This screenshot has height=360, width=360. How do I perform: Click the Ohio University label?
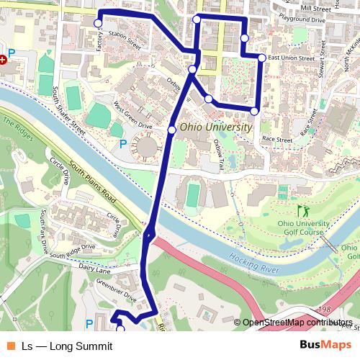coord(216,127)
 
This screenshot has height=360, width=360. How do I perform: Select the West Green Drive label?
coord(132,115)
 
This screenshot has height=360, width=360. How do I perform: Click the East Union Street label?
coord(290,58)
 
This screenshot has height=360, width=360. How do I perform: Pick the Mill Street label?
coord(316,8)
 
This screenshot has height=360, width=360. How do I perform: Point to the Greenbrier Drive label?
coord(120,290)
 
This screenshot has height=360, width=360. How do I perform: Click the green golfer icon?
coord(302,211)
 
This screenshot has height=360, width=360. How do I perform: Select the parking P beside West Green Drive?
coord(122,143)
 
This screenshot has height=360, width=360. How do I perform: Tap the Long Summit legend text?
coord(67,346)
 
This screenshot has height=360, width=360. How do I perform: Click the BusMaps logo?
coord(325,345)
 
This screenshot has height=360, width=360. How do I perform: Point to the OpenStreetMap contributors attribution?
coord(297,323)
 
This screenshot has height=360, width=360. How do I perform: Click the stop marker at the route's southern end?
coord(120,329)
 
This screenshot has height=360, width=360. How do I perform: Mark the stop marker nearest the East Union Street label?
coord(262,57)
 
